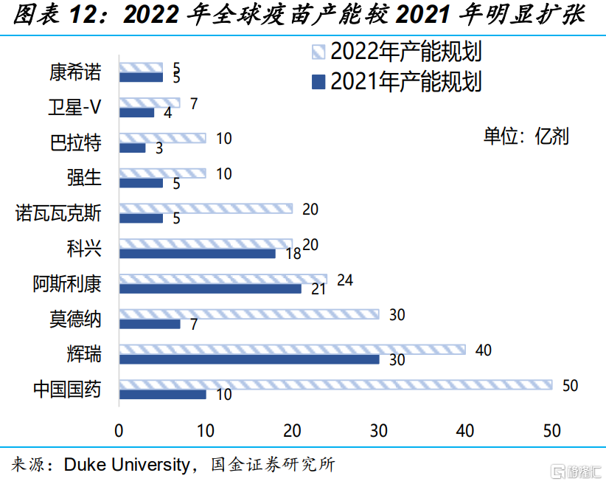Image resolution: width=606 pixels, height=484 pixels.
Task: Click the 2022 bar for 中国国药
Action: [x=335, y=384]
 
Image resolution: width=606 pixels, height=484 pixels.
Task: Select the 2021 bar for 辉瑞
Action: [x=249, y=359]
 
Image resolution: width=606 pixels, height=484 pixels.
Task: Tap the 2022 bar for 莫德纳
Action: [x=249, y=314]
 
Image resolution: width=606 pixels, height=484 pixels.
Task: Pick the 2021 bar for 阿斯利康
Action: [x=210, y=288]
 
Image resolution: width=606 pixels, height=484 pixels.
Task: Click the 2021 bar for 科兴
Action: [x=197, y=253]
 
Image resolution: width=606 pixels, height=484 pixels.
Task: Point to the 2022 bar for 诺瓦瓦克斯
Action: [x=206, y=209]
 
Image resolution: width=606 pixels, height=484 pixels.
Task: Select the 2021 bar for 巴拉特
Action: [x=132, y=148]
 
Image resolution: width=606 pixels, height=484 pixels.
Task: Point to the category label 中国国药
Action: [x=66, y=390]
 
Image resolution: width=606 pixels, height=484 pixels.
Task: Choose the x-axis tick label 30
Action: [x=379, y=431]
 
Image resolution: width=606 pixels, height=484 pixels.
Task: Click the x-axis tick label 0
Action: [x=119, y=431]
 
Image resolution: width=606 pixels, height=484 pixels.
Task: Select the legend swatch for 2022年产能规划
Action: [x=318, y=52]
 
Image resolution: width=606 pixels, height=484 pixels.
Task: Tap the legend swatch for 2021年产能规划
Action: [x=318, y=80]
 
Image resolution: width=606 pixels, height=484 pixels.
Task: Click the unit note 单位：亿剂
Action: [x=526, y=136]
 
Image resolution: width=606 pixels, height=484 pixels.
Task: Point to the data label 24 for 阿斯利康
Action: [x=345, y=280]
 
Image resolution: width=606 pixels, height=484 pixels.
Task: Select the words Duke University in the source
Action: [x=127, y=465]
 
